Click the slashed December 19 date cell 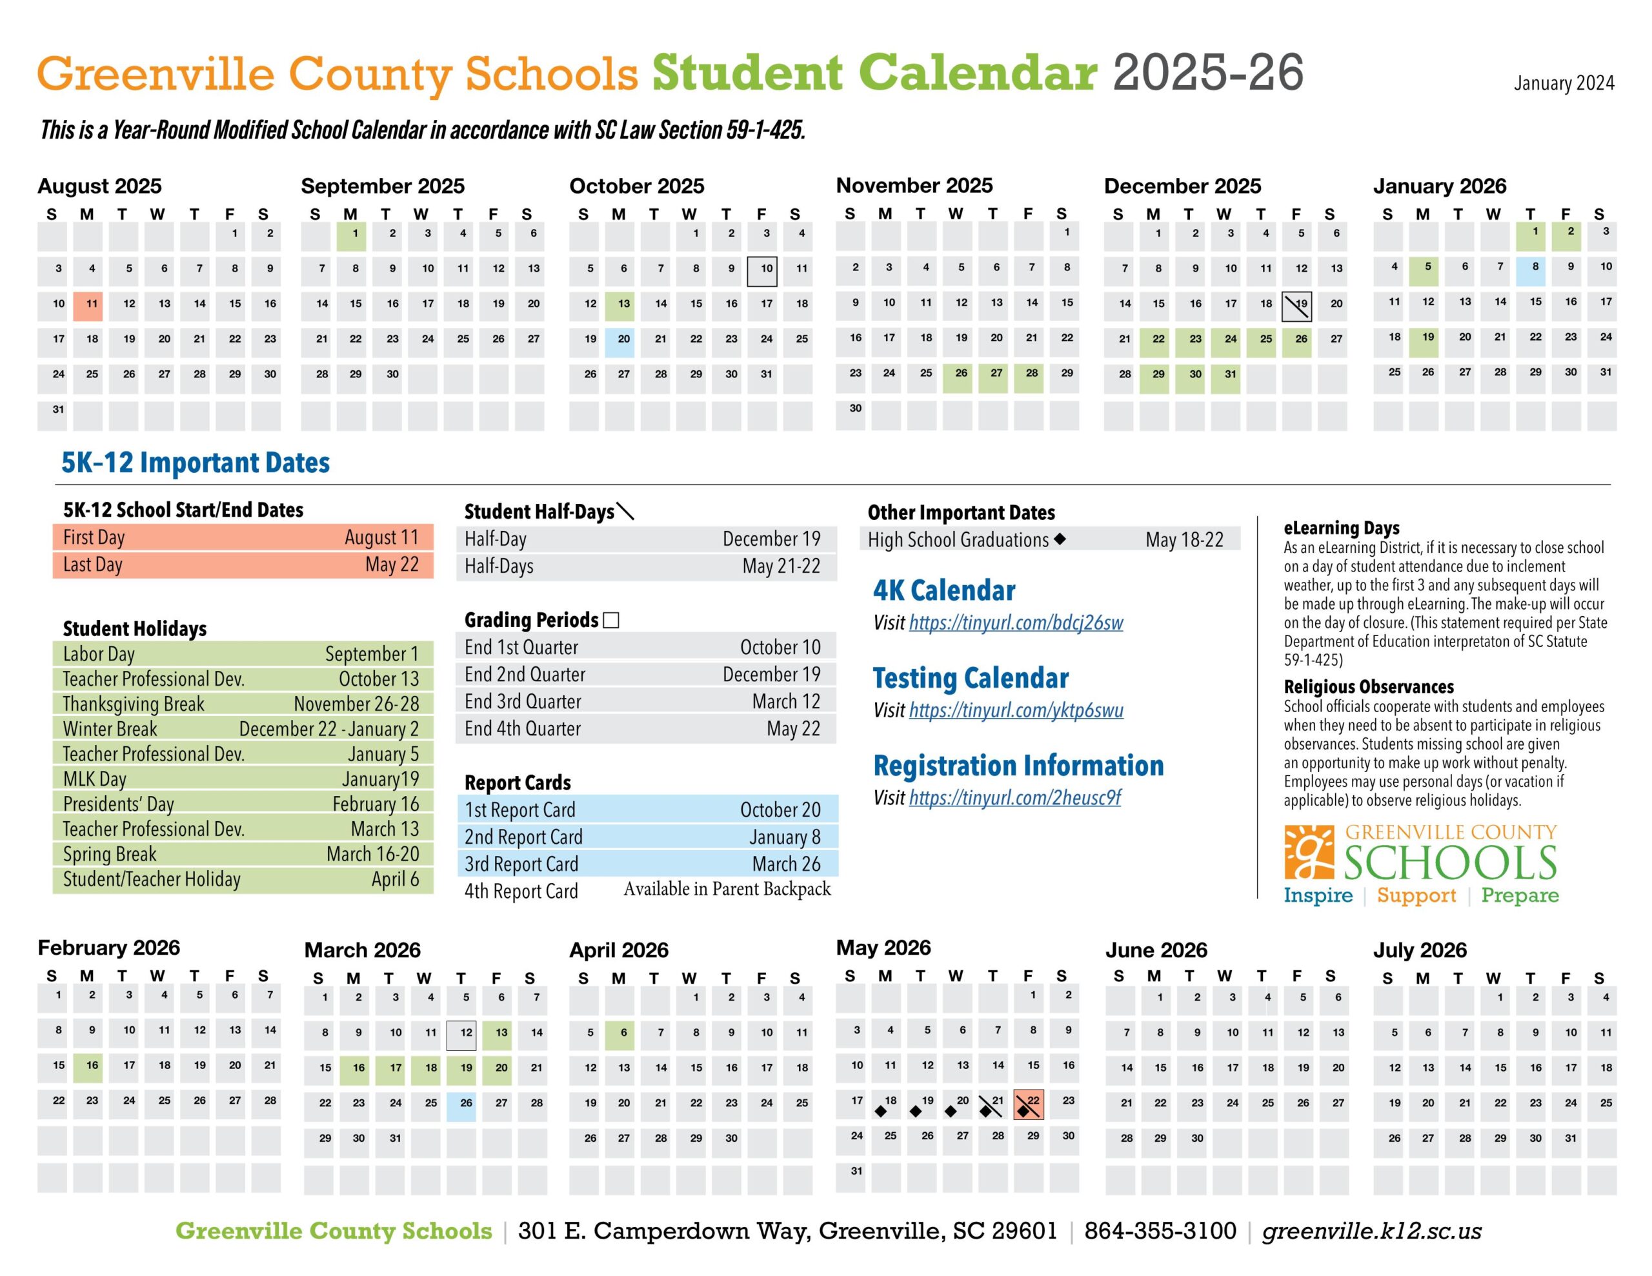(1297, 306)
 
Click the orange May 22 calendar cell (1028, 1105)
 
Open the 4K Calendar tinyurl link (1016, 623)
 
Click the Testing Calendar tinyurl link (1016, 710)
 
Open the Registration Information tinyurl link (1014, 798)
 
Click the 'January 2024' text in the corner (1564, 83)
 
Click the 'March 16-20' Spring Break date (372, 854)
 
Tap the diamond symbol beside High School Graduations (1060, 539)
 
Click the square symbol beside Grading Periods (612, 620)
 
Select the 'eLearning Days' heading (1341, 528)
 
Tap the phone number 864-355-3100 (1160, 1231)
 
